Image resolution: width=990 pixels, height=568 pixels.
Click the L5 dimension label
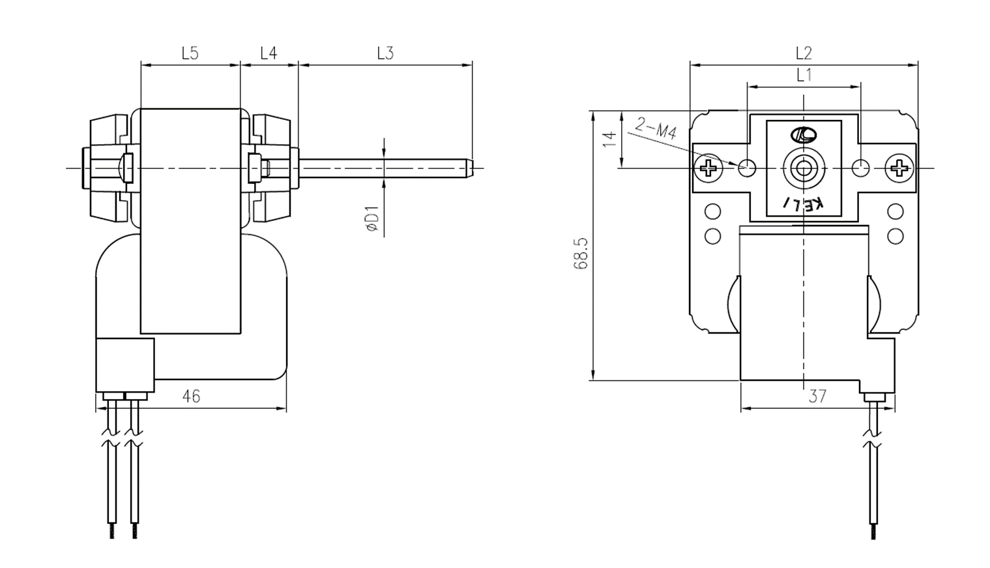pyautogui.click(x=190, y=53)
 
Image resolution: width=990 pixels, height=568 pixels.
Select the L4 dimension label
pyautogui.click(x=269, y=53)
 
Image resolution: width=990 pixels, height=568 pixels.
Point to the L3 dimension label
pyautogui.click(x=385, y=53)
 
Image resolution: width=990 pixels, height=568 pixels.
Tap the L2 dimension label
pyautogui.click(x=804, y=53)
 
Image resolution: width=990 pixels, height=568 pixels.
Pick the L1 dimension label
pyautogui.click(x=804, y=75)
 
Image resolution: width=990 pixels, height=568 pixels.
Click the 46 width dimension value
pyautogui.click(x=192, y=396)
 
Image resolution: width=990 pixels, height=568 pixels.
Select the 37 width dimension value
pyautogui.click(x=817, y=396)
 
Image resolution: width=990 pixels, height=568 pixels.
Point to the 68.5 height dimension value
pyautogui.click(x=581, y=254)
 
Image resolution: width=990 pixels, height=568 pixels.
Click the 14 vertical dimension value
pyautogui.click(x=610, y=140)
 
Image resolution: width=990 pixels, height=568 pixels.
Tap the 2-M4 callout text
pyautogui.click(x=656, y=128)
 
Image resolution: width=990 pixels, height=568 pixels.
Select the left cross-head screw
pyautogui.click(x=708, y=168)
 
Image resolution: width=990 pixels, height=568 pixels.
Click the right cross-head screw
pyautogui.click(x=899, y=168)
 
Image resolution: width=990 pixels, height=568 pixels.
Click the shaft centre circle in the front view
pyautogui.click(x=804, y=168)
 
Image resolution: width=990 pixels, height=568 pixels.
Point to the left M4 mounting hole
pyautogui.click(x=747, y=168)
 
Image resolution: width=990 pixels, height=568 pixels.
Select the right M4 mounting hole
pyautogui.click(x=860, y=168)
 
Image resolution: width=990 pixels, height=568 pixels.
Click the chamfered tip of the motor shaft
pyautogui.click(x=470, y=168)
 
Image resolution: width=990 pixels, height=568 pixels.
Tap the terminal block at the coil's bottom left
pyautogui.click(x=125, y=365)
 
